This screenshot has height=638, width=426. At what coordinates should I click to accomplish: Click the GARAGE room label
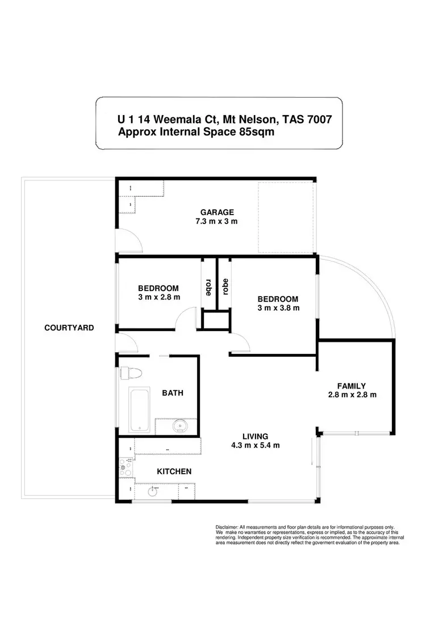(x=216, y=212)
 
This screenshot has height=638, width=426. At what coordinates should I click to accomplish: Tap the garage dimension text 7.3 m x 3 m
(x=216, y=221)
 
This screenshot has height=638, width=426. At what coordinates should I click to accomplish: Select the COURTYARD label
(x=69, y=328)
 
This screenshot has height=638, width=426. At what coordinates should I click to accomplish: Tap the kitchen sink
(x=153, y=491)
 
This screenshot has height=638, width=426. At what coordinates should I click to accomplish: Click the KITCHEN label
(x=174, y=471)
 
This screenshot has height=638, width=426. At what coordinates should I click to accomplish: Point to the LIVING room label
(x=255, y=436)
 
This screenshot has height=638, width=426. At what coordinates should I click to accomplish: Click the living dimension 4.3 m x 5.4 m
(x=255, y=445)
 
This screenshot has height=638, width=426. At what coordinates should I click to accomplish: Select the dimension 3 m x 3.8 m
(x=278, y=308)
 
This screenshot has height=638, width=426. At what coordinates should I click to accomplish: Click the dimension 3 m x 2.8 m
(x=158, y=297)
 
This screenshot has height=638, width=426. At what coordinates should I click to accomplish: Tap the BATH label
(x=172, y=392)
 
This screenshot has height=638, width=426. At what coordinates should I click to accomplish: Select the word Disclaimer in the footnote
(x=228, y=526)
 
